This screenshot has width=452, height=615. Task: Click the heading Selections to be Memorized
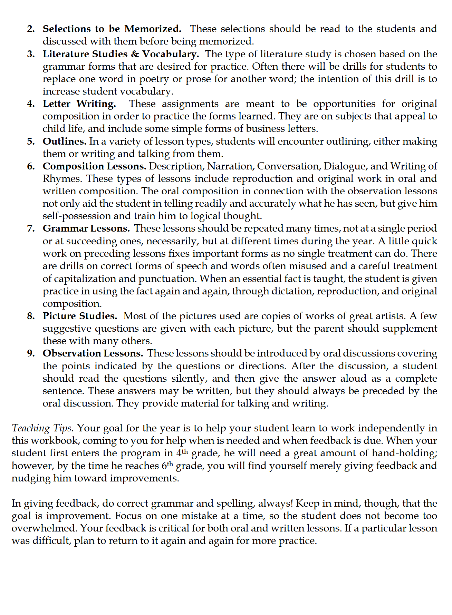112,29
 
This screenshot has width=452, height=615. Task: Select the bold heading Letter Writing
79,104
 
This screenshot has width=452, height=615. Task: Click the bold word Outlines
65,141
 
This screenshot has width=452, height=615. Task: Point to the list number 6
31,166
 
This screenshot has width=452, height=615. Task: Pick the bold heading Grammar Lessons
86,228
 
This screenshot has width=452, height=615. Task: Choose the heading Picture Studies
80,316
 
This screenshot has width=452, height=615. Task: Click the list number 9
31,353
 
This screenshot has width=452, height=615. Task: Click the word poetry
154,79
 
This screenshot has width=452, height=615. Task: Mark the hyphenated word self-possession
77,216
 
